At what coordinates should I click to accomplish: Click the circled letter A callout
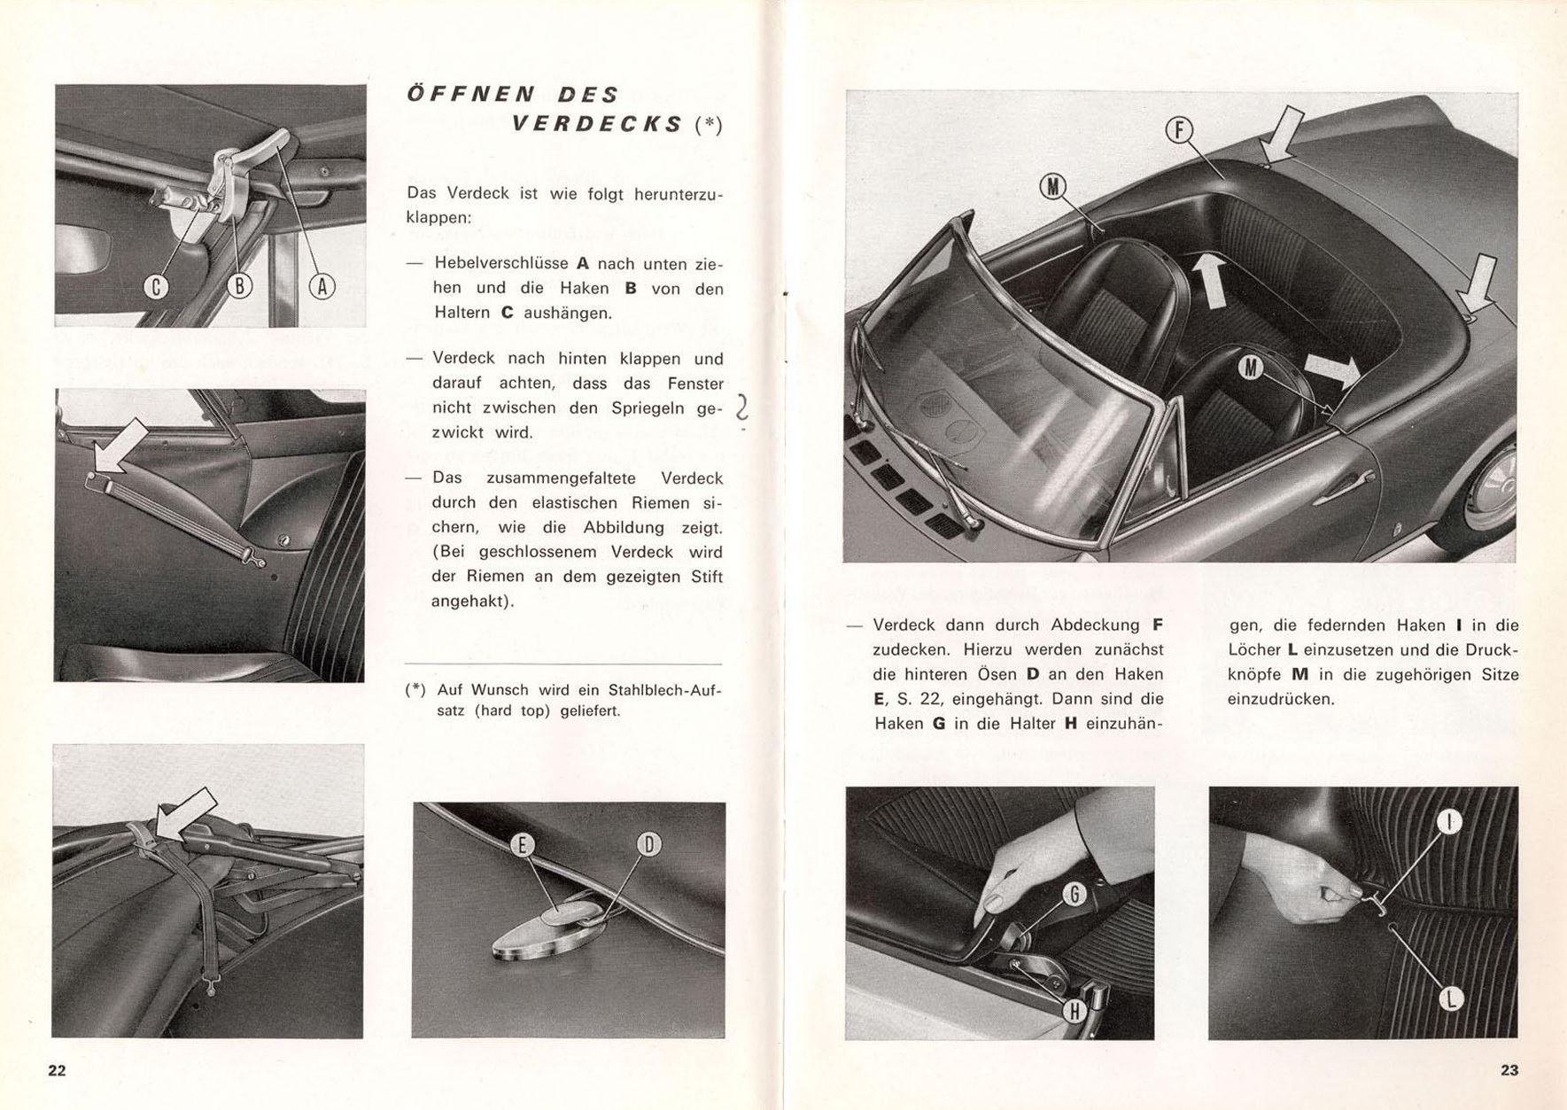click(322, 286)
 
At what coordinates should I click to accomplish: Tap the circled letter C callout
click(156, 286)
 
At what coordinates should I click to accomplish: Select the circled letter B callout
click(239, 286)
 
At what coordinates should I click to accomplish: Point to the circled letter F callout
click(1178, 131)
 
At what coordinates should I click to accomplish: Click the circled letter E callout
click(522, 845)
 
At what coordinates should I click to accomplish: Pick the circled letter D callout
click(648, 845)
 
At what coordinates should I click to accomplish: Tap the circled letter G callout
click(1074, 895)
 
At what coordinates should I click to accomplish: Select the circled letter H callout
click(1074, 1009)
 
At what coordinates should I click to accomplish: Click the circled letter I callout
click(1449, 823)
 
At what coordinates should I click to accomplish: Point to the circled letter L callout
click(1450, 999)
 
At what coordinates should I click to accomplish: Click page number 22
click(57, 1070)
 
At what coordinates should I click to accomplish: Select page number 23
click(1509, 1070)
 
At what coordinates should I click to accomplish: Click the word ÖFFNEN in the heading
click(469, 94)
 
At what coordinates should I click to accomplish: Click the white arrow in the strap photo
click(120, 446)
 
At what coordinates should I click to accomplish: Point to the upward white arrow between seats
click(1209, 279)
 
